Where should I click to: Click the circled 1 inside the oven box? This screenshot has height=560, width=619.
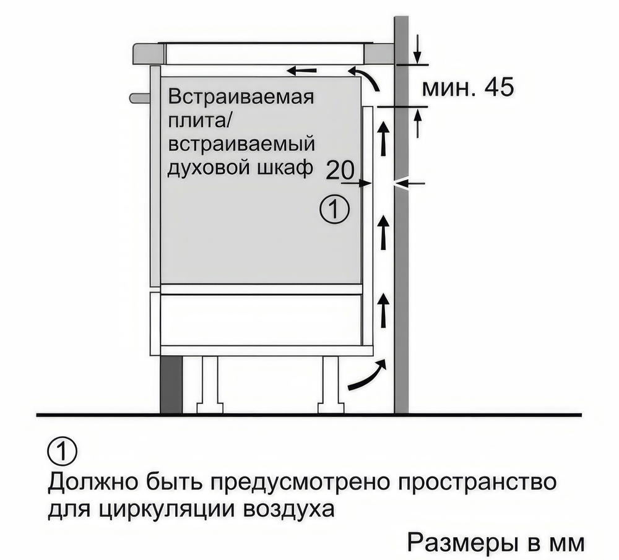(334, 210)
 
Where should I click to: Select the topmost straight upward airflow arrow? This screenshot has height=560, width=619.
(384, 140)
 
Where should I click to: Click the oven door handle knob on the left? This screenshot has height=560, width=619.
(139, 97)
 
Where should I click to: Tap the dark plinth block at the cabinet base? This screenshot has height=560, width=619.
(171, 385)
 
